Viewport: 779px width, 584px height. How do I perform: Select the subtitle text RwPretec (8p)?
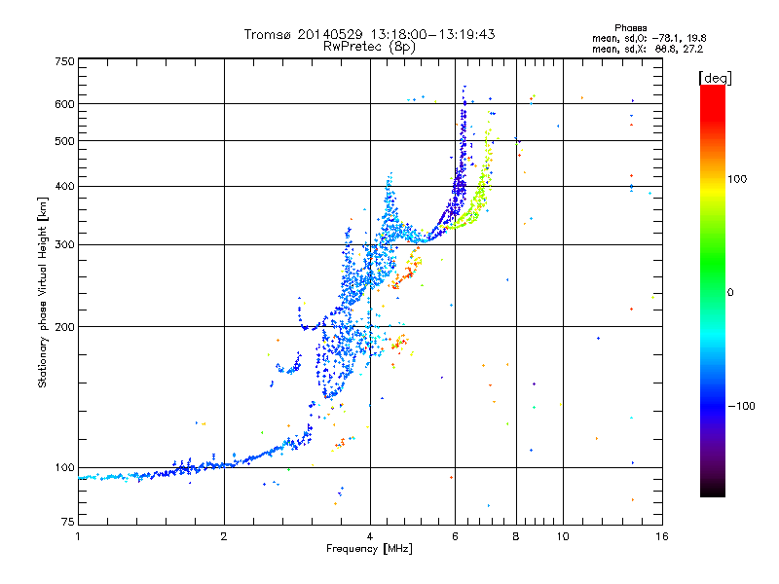coord(369,47)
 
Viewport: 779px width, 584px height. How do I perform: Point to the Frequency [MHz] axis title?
coord(369,549)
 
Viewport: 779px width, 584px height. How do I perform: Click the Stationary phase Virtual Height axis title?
coord(43,292)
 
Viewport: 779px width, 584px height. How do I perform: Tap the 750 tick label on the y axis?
coord(65,61)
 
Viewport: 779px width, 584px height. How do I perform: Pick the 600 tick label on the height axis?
coord(65,104)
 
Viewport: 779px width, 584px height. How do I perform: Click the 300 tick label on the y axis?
coord(65,244)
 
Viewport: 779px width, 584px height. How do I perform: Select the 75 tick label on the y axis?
coord(68,522)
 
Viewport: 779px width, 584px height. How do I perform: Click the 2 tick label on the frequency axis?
coord(224,536)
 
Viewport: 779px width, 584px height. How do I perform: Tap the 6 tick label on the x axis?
coord(455,536)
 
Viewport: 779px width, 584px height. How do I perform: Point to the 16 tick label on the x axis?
coord(662,536)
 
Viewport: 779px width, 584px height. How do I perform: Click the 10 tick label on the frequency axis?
coord(563,536)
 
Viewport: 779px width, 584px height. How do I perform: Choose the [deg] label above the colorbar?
coord(715,78)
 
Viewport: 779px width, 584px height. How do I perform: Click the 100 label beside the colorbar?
coord(737,179)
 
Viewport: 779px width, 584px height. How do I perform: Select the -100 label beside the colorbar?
coord(741,406)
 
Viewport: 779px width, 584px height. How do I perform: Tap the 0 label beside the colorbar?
coord(730,292)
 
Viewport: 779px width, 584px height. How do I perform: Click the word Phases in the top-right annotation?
coord(630,28)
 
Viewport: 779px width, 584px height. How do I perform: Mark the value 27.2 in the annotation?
coord(693,49)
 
